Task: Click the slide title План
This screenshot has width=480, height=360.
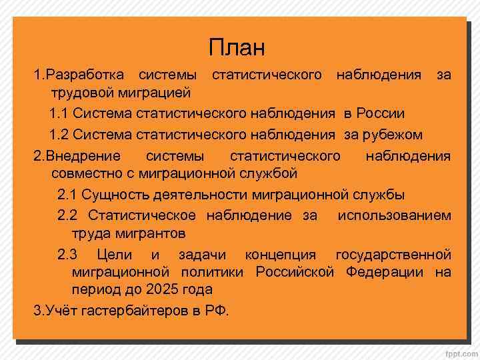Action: [237, 48]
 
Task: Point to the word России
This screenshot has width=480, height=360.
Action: [380, 114]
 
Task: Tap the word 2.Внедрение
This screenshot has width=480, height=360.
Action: [77, 157]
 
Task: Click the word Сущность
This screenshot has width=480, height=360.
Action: [115, 195]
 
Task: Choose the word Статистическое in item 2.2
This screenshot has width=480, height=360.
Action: [141, 215]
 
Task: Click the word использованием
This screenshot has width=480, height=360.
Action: [394, 215]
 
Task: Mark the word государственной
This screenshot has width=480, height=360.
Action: [393, 255]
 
